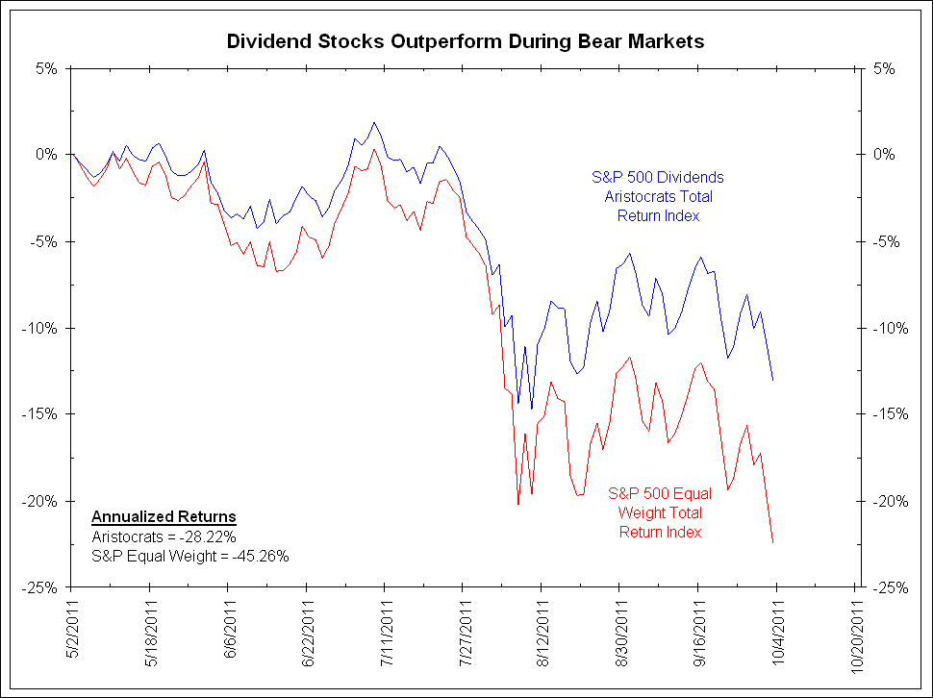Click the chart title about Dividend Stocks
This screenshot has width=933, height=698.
(x=466, y=41)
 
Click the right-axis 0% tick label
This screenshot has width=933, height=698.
(x=880, y=155)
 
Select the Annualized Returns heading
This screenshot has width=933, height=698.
(x=164, y=517)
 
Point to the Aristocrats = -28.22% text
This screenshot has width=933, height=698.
(x=164, y=536)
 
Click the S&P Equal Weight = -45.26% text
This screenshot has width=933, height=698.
(x=190, y=555)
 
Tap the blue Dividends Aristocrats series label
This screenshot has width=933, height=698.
(x=658, y=196)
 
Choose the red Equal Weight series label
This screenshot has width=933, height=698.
(x=660, y=512)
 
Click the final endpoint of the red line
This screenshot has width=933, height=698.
(x=773, y=543)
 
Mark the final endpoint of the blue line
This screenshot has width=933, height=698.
(x=773, y=381)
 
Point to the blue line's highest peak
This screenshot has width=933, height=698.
(x=374, y=122)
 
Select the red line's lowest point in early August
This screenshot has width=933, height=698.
(x=518, y=504)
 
